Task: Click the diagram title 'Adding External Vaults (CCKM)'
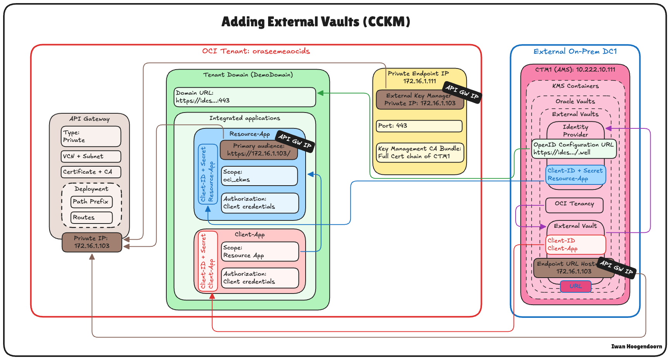pos(316,22)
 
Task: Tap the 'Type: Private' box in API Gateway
pos(91,136)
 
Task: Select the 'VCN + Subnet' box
pos(91,156)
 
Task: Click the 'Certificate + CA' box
pos(91,172)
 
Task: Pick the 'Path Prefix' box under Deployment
pos(92,201)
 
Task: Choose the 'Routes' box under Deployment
pos(92,217)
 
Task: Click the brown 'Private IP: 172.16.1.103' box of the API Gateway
pos(92,242)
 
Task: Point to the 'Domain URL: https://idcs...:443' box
pos(244,97)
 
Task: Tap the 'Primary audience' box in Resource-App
pos(258,150)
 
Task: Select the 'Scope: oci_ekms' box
pos(260,176)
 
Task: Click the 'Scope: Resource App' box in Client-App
pos(260,251)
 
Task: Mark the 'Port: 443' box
pos(419,126)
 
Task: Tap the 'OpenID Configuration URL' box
pos(573,148)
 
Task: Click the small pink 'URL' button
pos(576,286)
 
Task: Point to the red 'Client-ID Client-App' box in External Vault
pos(575,244)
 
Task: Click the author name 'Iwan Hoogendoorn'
pos(636,346)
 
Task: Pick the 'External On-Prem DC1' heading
pos(575,51)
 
